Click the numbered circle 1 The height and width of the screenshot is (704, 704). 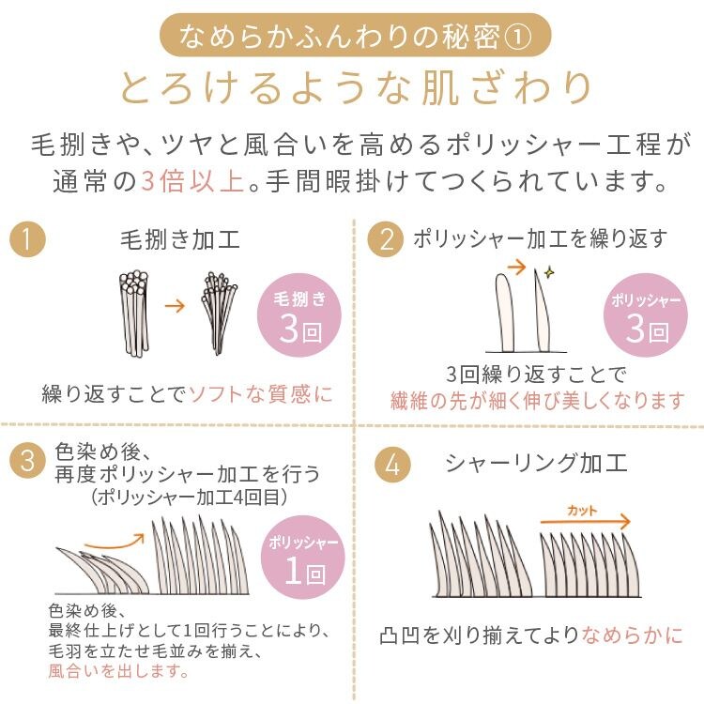[28, 241]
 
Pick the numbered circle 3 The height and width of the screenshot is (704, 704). [28, 460]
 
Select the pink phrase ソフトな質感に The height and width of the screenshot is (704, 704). [261, 394]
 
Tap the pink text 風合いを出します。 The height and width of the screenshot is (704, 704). [118, 672]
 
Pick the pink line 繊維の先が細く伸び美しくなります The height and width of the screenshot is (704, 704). [538, 402]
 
